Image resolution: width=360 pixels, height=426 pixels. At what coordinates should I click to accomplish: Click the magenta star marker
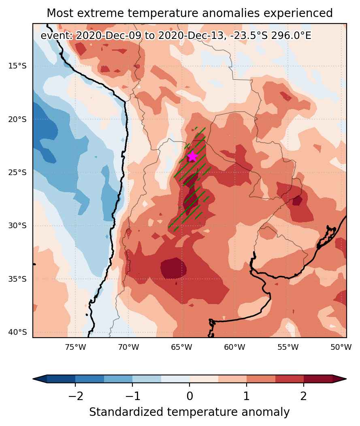192,156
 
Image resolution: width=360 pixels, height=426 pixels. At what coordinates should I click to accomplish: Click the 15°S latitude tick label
17,66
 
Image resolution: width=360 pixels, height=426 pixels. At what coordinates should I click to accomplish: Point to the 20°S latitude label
17,119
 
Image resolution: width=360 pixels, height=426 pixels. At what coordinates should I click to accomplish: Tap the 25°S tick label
17,173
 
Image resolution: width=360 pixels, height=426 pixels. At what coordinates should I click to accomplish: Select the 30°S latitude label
17,225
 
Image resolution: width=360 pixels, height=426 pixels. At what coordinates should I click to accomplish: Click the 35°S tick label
17,279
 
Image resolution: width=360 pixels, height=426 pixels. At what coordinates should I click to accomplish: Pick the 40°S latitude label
17,332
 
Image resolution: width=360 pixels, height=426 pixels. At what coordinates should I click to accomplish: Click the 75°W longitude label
75,347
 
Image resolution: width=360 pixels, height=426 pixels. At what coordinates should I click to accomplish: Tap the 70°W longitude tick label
128,347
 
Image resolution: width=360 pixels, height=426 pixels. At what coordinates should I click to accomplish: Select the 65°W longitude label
182,347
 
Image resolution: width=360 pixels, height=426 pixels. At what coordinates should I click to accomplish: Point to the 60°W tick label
234,347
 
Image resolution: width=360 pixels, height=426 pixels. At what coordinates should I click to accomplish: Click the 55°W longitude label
288,347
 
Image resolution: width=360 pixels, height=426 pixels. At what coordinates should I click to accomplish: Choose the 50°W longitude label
341,347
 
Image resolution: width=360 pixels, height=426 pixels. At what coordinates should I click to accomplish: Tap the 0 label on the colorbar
190,396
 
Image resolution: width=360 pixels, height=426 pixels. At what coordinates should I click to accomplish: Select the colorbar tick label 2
304,396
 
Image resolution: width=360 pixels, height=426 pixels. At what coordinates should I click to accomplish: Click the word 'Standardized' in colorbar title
126,412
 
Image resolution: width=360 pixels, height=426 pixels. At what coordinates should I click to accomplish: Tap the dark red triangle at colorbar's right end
339,379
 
